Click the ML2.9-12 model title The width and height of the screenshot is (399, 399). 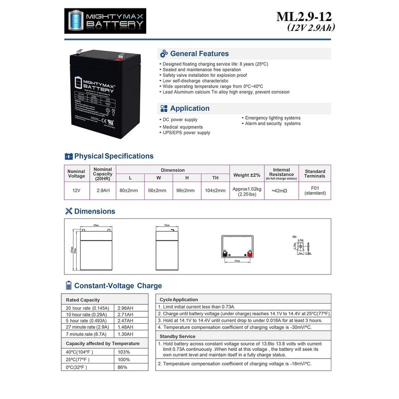pos(304,16)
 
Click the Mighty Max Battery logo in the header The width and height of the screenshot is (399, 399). pos(107,21)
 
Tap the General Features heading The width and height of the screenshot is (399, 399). pos(199,53)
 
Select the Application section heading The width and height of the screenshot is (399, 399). pos(190,108)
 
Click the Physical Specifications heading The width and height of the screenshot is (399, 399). pos(114,156)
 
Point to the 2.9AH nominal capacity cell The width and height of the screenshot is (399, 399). pos(103,191)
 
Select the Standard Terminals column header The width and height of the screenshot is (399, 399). pos(315,174)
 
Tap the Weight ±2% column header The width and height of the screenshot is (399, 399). pos(246,175)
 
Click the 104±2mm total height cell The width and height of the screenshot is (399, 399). pos(215,191)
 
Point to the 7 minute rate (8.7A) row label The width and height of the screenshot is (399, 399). pos(87,334)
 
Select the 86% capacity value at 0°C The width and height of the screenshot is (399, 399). pos(123,367)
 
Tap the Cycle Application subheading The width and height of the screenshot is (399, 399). pos(179,300)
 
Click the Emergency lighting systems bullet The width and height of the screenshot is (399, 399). pos(272,118)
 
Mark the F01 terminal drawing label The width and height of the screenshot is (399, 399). pos(294,236)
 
